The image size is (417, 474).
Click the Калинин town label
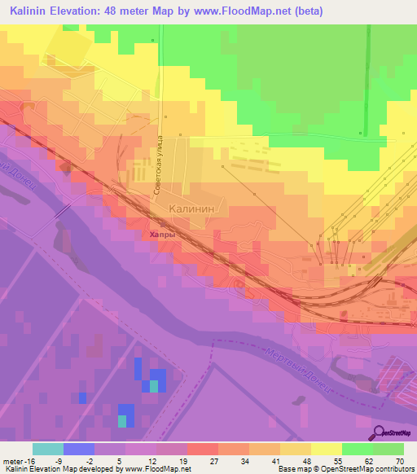[x=191, y=208]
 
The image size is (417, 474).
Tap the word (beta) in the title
[x=307, y=11]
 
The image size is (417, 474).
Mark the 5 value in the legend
[x=109, y=460]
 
